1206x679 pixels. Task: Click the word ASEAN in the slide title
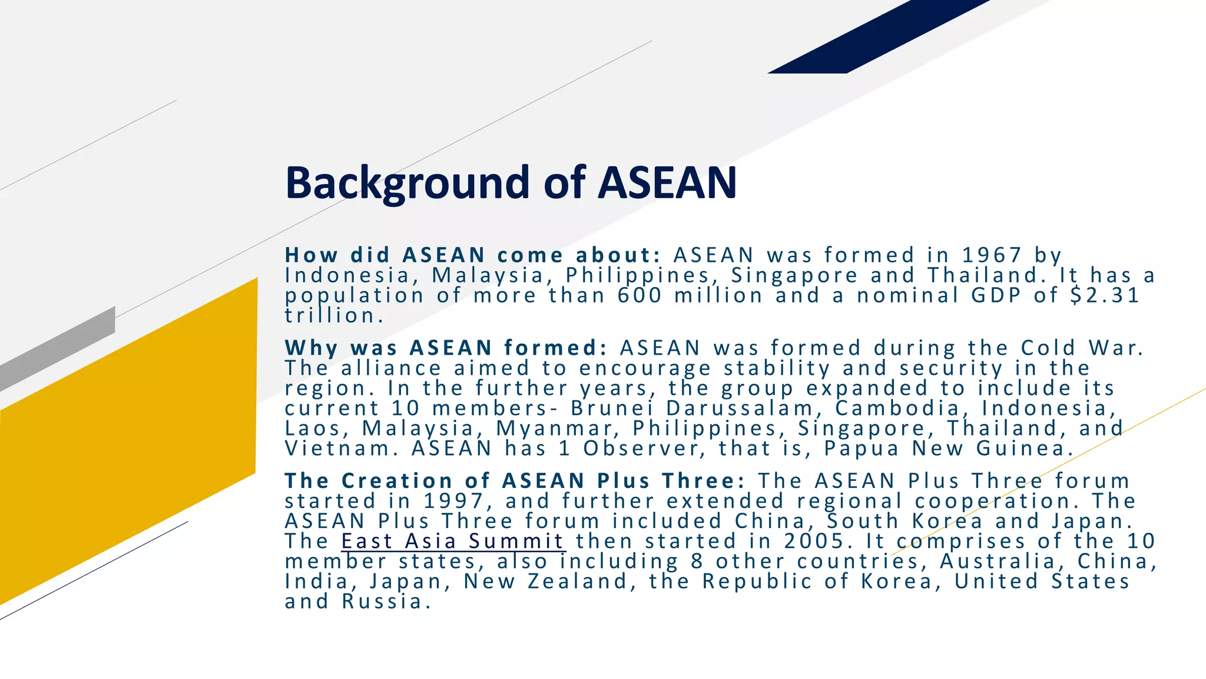pyautogui.click(x=667, y=183)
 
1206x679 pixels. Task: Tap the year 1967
pyautogui.click(x=992, y=255)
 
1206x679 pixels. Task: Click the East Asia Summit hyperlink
pyautogui.click(x=453, y=541)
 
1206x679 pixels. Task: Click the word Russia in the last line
pyautogui.click(x=382, y=602)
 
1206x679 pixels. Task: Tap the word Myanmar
pyautogui.click(x=554, y=429)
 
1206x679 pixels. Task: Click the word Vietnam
pyautogui.click(x=336, y=449)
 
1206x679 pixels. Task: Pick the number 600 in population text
pyautogui.click(x=640, y=295)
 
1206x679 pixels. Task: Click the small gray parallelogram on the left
pyautogui.click(x=59, y=348)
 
